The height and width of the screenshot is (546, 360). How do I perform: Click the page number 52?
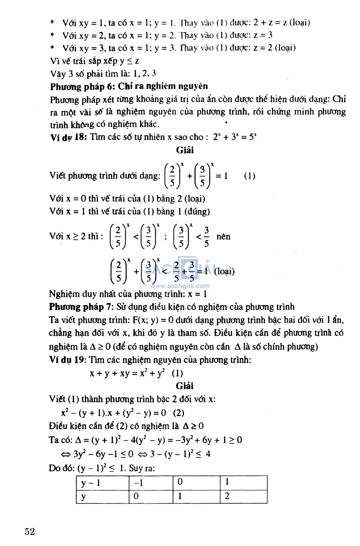point(30,531)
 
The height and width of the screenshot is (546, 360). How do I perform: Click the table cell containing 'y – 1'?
point(91,483)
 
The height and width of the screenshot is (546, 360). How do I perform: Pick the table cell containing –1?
point(139,483)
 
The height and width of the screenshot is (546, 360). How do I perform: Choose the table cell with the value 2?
point(227,496)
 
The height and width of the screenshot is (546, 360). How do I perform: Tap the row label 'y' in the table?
point(84,496)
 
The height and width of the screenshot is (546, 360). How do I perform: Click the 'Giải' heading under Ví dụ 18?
point(185,150)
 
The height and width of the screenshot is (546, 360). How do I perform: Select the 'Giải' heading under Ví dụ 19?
point(185,386)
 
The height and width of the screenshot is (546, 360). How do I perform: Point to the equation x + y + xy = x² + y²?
point(127,373)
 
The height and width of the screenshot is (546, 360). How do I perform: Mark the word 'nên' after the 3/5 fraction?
point(223,236)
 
